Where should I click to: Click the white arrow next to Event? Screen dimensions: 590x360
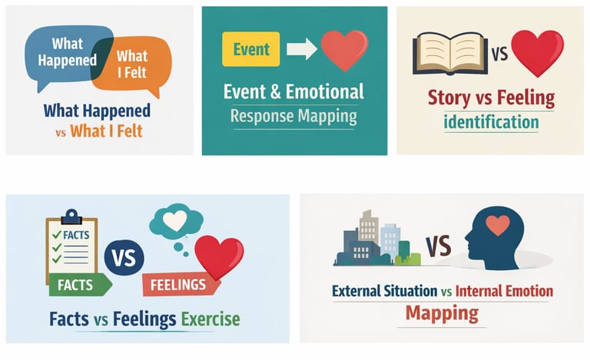(301, 50)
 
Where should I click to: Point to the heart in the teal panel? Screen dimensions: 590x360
(343, 48)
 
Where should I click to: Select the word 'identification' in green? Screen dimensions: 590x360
(491, 121)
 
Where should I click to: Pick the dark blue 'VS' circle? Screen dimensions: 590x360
(124, 256)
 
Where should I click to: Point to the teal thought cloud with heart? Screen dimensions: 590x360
(176, 223)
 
